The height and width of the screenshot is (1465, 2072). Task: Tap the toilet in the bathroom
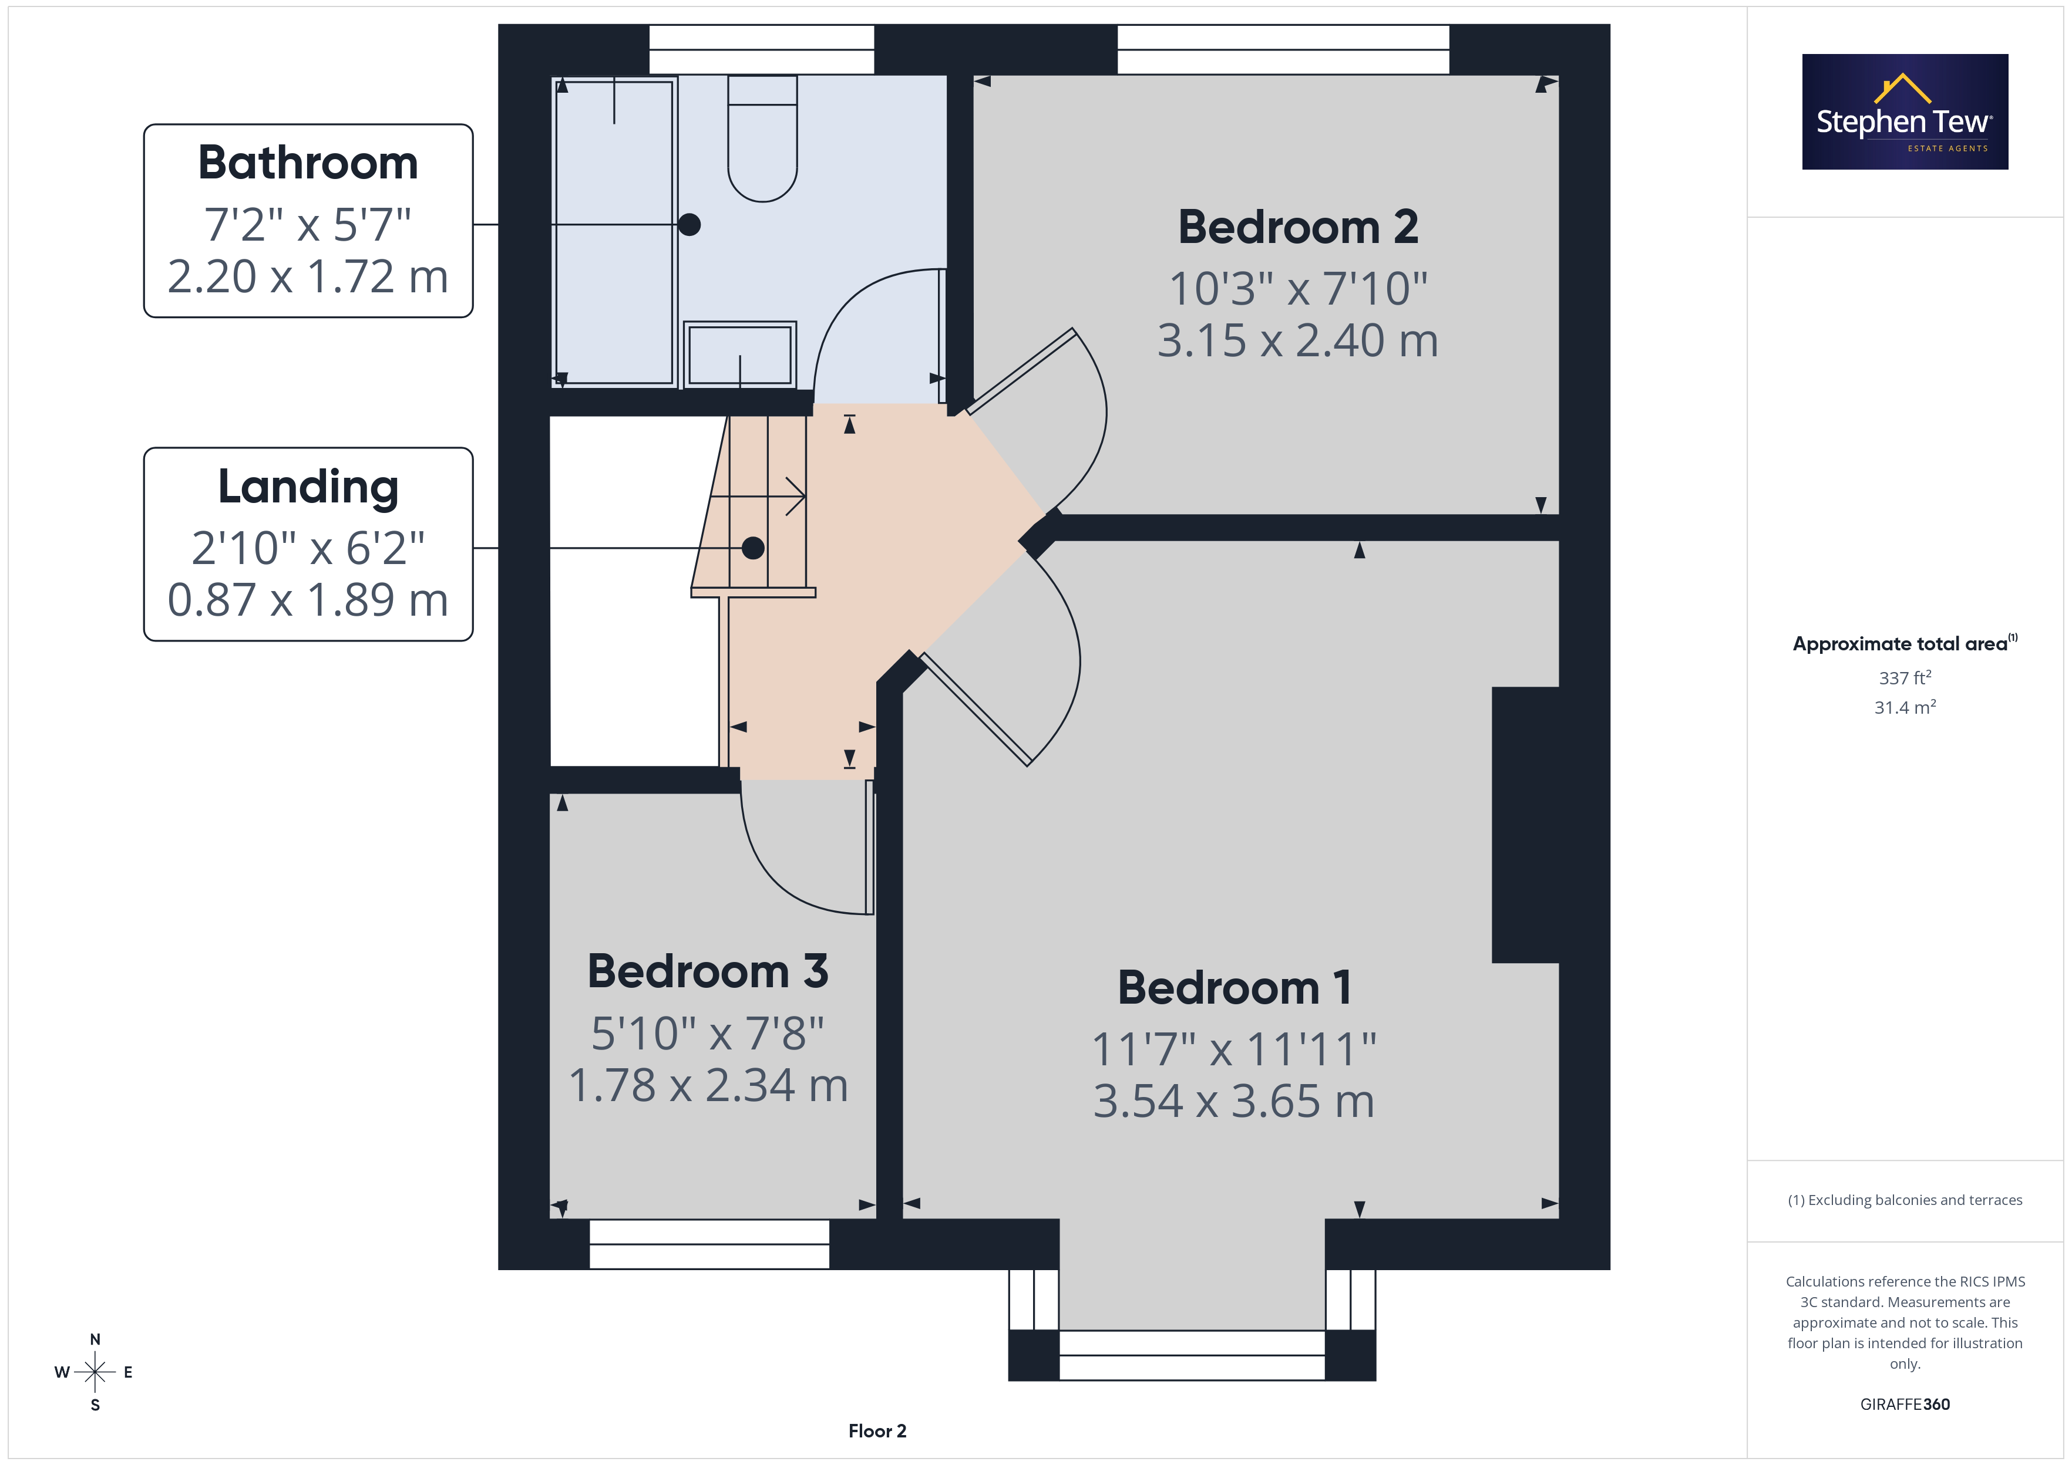click(762, 138)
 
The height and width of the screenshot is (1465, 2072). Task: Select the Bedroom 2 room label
click(1298, 227)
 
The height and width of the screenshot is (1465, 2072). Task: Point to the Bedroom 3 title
click(708, 971)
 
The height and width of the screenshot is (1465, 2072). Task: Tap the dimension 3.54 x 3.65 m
click(1234, 1102)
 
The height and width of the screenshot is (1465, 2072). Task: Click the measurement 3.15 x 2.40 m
click(1298, 341)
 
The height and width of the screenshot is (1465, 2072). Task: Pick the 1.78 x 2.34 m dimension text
click(708, 1085)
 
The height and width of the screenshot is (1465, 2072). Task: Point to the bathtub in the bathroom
click(614, 232)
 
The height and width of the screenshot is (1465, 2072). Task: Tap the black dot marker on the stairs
click(754, 548)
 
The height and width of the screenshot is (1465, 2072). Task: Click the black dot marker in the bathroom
click(689, 225)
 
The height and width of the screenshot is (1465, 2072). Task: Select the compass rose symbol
click(95, 1372)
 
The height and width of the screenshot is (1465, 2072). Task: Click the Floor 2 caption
click(877, 1431)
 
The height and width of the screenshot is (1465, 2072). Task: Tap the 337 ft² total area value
click(1905, 677)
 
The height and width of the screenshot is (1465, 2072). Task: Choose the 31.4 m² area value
click(1905, 707)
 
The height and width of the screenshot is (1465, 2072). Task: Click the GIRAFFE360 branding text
click(1905, 1405)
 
